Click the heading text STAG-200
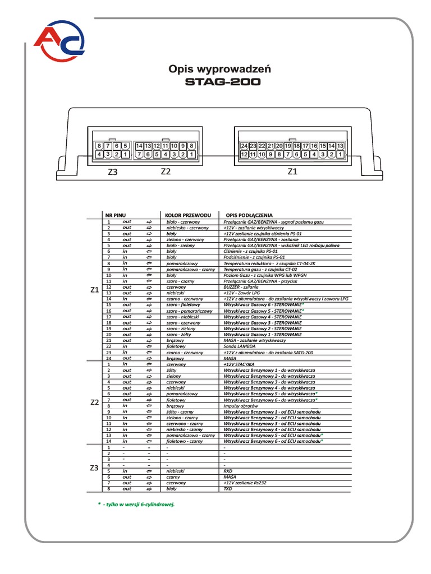(x=223, y=82)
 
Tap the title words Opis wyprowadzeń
(x=220, y=69)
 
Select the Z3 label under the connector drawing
(x=113, y=173)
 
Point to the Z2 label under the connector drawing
(x=165, y=172)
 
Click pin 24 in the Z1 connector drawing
(x=244, y=146)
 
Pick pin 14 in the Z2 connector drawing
(x=139, y=146)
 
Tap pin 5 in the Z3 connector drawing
(x=126, y=146)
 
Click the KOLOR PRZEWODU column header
(x=187, y=215)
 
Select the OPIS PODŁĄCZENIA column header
(x=249, y=215)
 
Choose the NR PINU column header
(x=116, y=215)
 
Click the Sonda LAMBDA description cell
(x=240, y=346)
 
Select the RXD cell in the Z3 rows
(x=228, y=471)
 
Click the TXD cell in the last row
(x=228, y=489)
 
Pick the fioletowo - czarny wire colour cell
(x=185, y=441)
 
